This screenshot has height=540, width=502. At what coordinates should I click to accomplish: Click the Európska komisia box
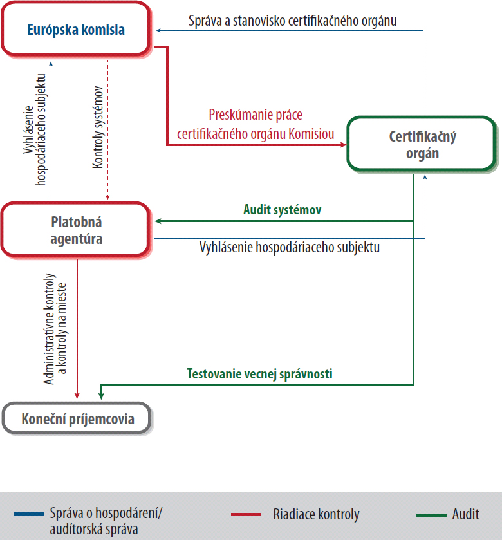77,30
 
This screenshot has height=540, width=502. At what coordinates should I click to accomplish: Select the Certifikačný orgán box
422,144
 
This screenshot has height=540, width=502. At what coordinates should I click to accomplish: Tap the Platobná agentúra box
77,230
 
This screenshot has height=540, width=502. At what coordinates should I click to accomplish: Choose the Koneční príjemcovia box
77,419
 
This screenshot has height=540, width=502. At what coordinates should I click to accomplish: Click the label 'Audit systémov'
282,209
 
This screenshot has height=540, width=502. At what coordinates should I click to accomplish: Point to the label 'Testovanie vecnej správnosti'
259,373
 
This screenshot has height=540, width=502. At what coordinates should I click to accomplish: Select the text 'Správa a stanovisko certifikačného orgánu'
292,21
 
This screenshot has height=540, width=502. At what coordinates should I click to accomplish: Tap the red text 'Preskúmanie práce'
256,115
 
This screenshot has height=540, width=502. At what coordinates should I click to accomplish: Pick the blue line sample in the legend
28,515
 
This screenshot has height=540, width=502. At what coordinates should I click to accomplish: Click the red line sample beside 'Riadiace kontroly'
246,515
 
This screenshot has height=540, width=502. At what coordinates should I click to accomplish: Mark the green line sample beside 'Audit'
431,515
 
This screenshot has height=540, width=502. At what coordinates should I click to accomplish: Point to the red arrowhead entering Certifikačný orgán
342,145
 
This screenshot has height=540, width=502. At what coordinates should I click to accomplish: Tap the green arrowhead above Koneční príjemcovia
100,394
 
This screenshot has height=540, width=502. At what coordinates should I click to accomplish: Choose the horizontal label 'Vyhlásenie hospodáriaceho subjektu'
288,247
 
